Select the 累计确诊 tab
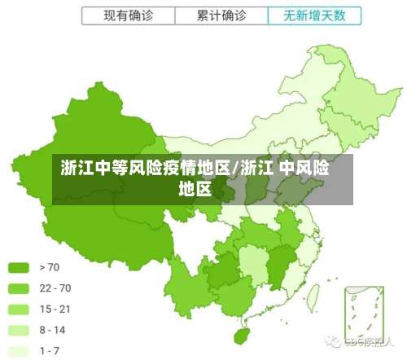point(221,15)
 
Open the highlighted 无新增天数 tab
point(313,15)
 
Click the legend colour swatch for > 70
point(19,267)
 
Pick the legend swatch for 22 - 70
point(19,288)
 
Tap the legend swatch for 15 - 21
point(19,310)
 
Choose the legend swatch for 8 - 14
point(19,331)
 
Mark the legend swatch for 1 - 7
point(19,352)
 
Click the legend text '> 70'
point(50,267)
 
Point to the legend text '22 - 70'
point(55,288)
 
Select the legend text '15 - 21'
point(55,310)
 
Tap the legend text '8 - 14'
point(52,331)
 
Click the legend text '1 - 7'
point(50,352)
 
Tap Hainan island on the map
point(241,335)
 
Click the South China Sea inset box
point(364,314)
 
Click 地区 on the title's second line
point(195,190)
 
